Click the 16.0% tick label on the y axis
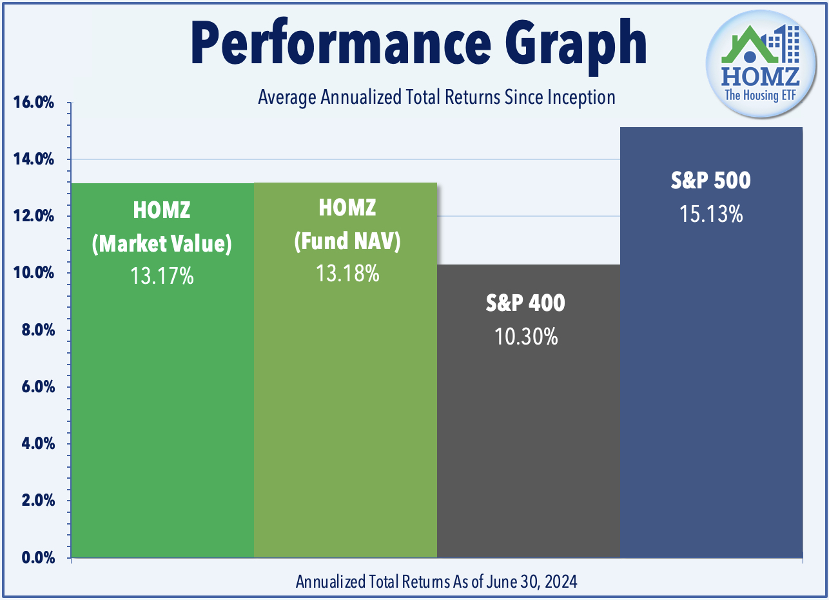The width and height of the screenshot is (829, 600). point(33,103)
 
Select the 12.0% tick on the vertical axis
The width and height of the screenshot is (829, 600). point(33,216)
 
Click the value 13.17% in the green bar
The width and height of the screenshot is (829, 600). point(162,276)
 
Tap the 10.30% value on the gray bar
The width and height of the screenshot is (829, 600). point(526,335)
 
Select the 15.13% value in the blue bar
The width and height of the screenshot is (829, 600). point(711,214)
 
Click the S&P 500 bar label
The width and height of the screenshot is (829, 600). point(710,181)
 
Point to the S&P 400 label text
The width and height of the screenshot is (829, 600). point(525,303)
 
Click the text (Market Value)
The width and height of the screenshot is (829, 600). point(162,244)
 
